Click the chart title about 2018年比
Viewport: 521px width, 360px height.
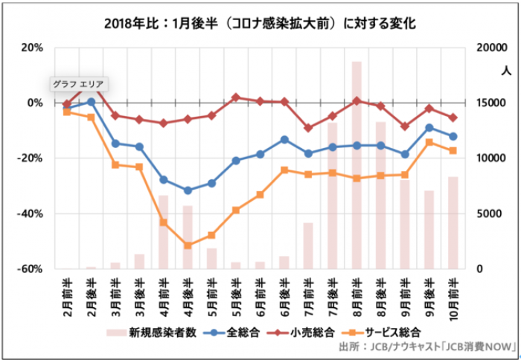coord(260,23)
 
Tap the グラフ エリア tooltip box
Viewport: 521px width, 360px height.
coord(79,84)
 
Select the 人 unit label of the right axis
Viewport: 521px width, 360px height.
coord(506,71)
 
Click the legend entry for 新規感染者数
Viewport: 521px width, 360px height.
coord(153,332)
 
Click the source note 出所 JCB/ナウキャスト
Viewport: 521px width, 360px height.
coord(423,347)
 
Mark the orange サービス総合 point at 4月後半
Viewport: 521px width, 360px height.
coord(188,245)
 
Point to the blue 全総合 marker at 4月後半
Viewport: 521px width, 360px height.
coord(188,190)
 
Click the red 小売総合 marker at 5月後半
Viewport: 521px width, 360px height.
coord(236,97)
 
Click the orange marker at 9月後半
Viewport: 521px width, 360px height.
coord(429,142)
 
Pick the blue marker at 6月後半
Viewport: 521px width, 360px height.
coord(284,139)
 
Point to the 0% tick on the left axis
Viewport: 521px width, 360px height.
coord(33,103)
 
